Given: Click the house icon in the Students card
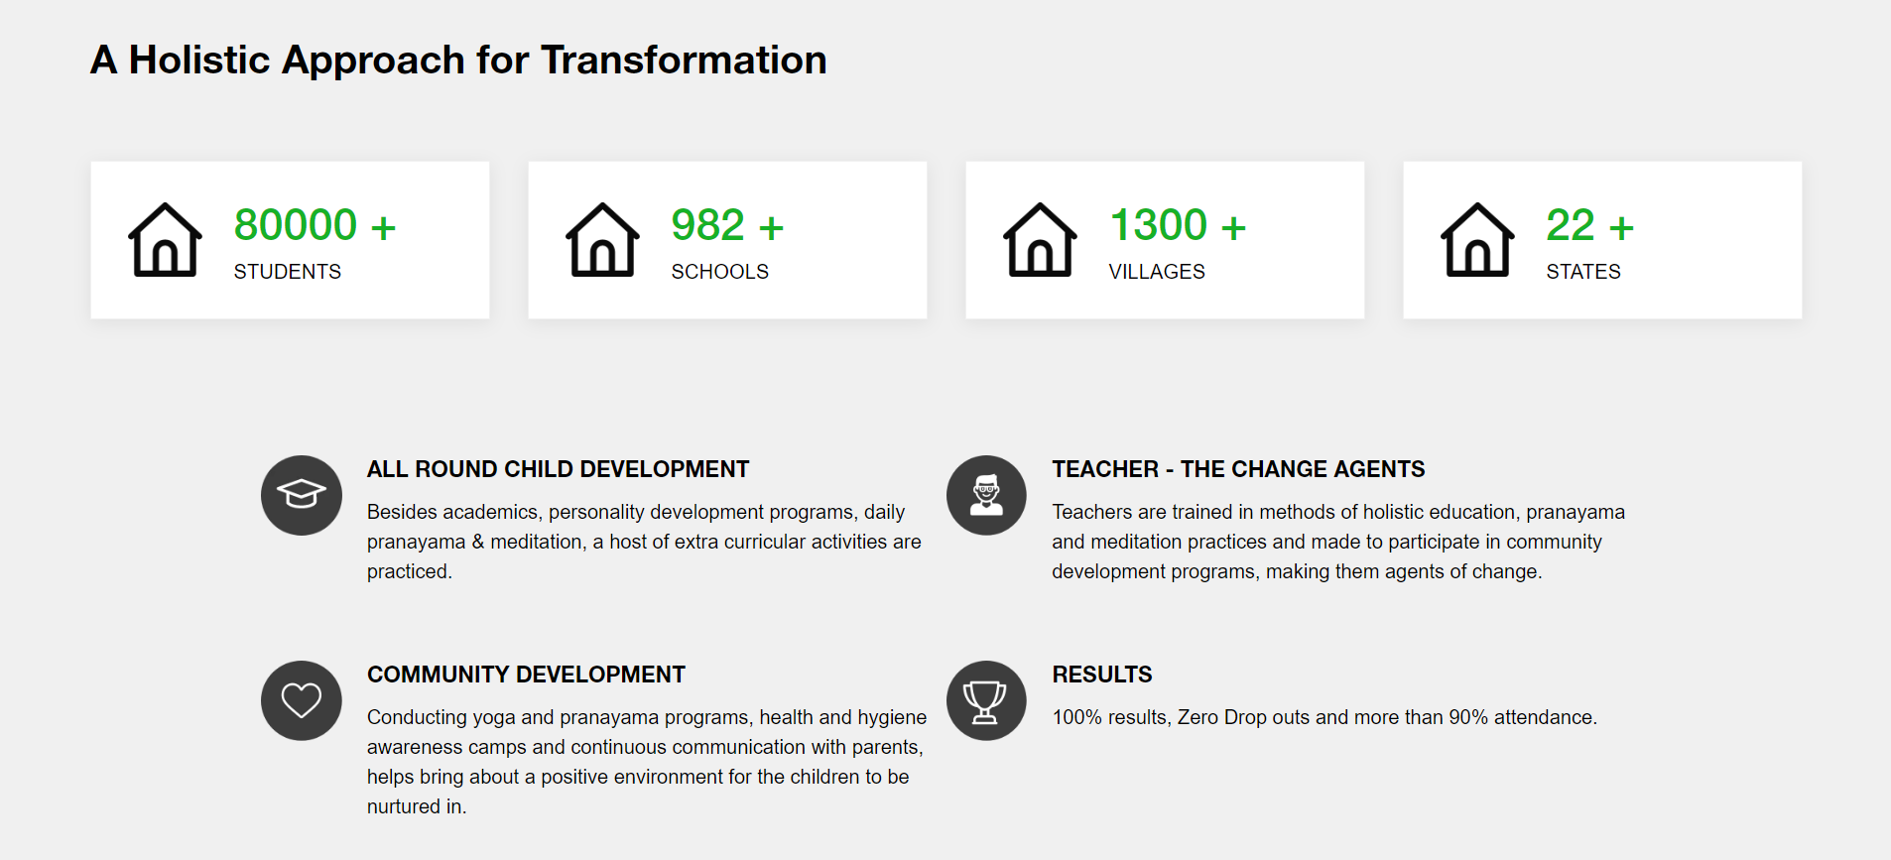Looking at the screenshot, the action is click(x=165, y=240).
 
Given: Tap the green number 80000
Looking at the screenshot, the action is click(x=296, y=225).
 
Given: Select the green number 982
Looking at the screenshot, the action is click(x=707, y=225).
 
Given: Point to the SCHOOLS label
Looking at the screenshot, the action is click(x=720, y=272).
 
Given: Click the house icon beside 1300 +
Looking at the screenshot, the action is click(x=1040, y=240).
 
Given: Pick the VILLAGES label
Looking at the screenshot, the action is click(x=1157, y=272).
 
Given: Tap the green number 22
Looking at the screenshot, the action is click(x=1571, y=225).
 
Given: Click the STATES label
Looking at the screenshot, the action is click(x=1583, y=272).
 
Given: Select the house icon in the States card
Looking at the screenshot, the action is click(x=1477, y=240).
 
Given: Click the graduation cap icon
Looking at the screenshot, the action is click(x=302, y=495).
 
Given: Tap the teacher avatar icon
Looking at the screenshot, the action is click(x=986, y=495).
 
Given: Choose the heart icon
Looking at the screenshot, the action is click(x=302, y=700).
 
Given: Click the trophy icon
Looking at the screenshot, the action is click(x=986, y=700).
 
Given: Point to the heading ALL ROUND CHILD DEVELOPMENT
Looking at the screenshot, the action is click(x=559, y=469).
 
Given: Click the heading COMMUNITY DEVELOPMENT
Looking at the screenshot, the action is click(x=526, y=675).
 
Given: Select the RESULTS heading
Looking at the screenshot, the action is click(x=1102, y=675).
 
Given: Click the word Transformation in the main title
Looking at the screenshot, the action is click(x=684, y=60).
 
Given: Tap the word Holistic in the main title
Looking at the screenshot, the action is click(x=199, y=60).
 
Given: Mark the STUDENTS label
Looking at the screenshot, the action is click(x=288, y=272).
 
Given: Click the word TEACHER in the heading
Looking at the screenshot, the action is click(x=1105, y=469).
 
